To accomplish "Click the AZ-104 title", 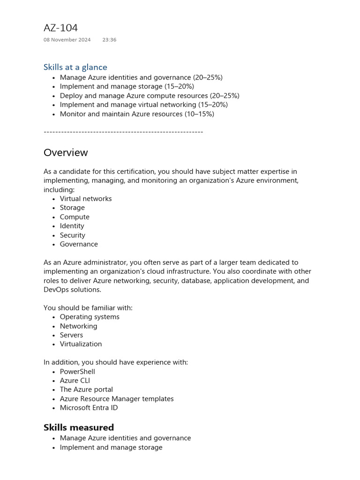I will coord(60,28).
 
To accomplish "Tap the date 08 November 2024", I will coord(67,40).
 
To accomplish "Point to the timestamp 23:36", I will coord(109,40).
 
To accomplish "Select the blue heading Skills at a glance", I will coord(75,67).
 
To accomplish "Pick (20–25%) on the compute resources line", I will coord(225,96).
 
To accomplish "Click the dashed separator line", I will coord(123,132).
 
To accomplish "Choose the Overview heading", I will coord(66,152).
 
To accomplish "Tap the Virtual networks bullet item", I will coord(86,199).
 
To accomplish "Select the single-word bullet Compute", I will coord(75,217).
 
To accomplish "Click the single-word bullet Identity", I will coord(72,226).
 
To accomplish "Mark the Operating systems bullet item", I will coord(90,317).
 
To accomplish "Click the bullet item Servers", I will coord(71,335).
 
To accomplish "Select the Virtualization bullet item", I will coord(81,344).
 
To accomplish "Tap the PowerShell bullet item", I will coord(77,372).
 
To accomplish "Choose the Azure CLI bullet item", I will coord(75,381).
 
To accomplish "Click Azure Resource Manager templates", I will coord(117,399).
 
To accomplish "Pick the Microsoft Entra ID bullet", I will coord(89,408).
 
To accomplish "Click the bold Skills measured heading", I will coord(79,427).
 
